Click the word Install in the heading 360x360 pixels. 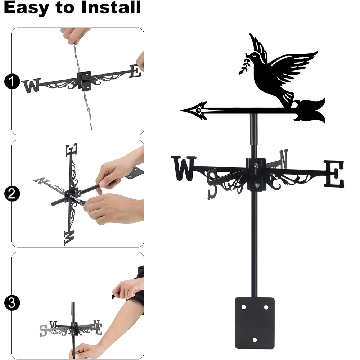111,7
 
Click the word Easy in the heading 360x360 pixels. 26,9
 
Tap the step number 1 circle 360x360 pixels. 12,81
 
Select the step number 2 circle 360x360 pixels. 12,194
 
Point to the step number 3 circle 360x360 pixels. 12,303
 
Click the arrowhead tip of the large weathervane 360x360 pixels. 181,111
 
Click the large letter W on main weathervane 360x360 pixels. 184,168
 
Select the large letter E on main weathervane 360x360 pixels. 334,174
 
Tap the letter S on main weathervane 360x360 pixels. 212,184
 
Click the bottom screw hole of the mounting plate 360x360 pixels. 255,340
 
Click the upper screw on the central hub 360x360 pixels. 256,165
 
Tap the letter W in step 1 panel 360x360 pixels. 31,85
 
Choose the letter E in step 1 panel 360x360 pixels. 135,71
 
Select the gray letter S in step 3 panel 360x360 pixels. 44,330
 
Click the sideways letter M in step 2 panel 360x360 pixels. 69,238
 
